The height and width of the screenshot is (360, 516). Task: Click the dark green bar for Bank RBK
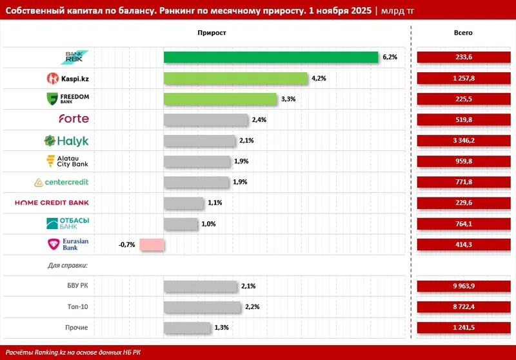point(271,57)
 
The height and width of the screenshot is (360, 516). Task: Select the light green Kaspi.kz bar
point(235,78)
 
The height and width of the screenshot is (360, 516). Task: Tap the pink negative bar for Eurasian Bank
point(152,245)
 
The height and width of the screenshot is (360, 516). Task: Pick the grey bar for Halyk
point(200,141)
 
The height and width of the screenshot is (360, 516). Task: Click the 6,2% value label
point(390,57)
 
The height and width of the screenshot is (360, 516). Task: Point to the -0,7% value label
point(126,245)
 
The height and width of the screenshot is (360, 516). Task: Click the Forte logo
point(74,119)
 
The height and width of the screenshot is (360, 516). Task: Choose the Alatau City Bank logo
point(68,161)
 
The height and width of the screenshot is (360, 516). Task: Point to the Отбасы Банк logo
point(68,223)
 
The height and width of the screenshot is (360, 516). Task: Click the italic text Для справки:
point(67,265)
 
